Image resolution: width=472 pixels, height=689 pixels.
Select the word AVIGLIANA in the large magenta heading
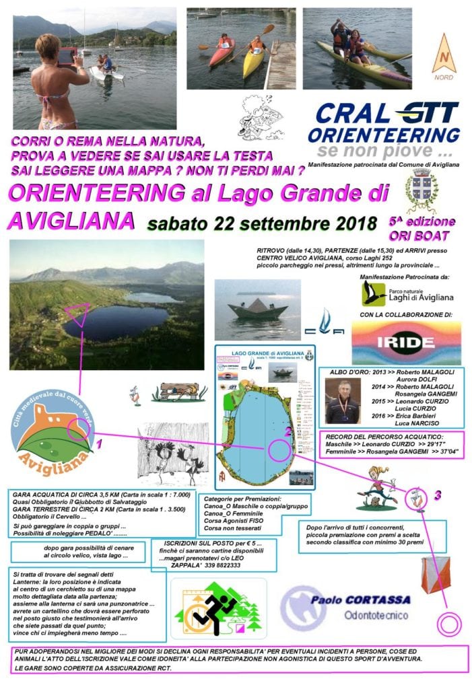coord(70,219)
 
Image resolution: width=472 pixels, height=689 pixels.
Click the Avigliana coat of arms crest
coord(422,191)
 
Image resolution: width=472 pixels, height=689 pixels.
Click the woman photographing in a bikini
coord(61,84)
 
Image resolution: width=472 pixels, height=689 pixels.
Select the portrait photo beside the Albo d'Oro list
coord(343,402)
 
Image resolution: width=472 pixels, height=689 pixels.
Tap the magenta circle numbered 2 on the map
coord(279,449)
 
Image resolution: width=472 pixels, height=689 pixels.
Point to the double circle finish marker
coord(448,623)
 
